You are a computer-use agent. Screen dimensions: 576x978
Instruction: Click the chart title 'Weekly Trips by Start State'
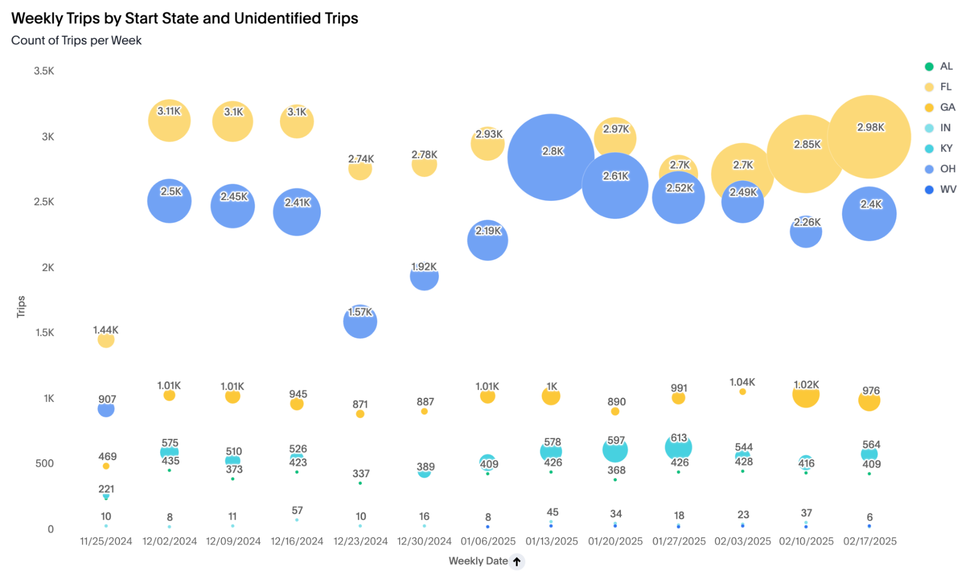pyautogui.click(x=184, y=19)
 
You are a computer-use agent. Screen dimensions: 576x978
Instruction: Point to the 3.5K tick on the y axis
pyautogui.click(x=44, y=71)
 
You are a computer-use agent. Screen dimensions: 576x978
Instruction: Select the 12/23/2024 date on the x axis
pyautogui.click(x=361, y=541)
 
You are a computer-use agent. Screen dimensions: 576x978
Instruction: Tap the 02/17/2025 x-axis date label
pyautogui.click(x=870, y=541)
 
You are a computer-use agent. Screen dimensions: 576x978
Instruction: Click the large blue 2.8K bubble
pyautogui.click(x=551, y=157)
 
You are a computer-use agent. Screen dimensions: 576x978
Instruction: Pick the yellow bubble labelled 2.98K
pyautogui.click(x=869, y=137)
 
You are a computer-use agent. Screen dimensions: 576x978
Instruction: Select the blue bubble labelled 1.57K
pyautogui.click(x=360, y=322)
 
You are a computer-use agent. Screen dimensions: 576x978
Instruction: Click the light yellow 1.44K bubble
pyautogui.click(x=106, y=340)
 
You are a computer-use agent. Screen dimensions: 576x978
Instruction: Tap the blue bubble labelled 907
pyautogui.click(x=106, y=409)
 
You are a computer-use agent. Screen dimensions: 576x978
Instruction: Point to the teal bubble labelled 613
pyautogui.click(x=678, y=447)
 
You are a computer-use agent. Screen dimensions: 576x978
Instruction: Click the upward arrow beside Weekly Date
pyautogui.click(x=517, y=561)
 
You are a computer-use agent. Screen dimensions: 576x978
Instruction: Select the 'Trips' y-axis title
pyautogui.click(x=21, y=307)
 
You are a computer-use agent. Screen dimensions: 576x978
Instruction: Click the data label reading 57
pyautogui.click(x=297, y=510)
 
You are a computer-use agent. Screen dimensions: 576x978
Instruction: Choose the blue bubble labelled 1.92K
pyautogui.click(x=424, y=277)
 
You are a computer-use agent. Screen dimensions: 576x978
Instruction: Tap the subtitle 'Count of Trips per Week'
pyautogui.click(x=76, y=41)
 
